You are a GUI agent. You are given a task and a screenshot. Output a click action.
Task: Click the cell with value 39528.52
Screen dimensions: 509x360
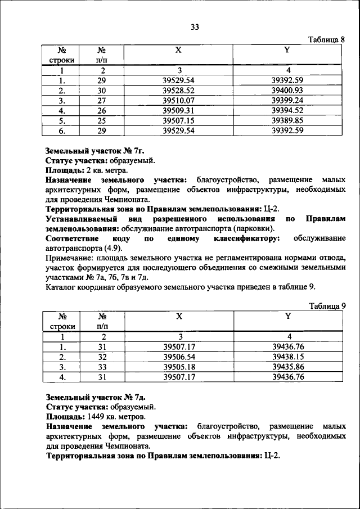coord(178,90)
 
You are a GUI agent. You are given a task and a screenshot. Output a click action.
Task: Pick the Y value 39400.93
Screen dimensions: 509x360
coord(287,90)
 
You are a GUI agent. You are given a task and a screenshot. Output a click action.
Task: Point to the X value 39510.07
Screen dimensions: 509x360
coord(178,100)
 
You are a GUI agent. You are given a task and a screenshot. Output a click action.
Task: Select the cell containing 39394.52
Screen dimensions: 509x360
coord(287,110)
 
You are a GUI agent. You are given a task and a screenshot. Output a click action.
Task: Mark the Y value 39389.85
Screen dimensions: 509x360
coord(287,120)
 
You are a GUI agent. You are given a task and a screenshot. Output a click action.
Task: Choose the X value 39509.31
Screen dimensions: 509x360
coord(178,110)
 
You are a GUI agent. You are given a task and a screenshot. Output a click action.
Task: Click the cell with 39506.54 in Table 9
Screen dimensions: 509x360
coord(179,357)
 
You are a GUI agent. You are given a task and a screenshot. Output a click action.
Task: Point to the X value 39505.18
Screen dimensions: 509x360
coord(179,367)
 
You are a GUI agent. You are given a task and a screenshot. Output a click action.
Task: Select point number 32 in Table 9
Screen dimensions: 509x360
coord(102,357)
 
